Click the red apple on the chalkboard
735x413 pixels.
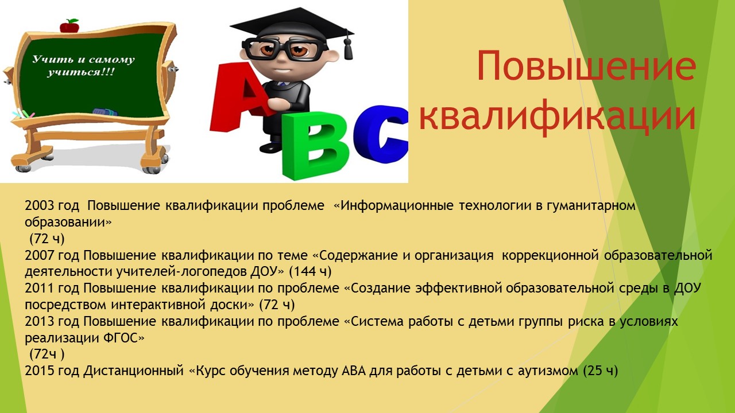point(69,26)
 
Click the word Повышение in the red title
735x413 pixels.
point(586,65)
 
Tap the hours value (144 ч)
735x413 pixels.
point(310,272)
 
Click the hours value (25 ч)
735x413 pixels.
point(601,371)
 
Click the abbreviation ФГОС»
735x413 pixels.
point(123,338)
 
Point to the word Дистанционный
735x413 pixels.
point(133,371)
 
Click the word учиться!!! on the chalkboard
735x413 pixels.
point(81,72)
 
